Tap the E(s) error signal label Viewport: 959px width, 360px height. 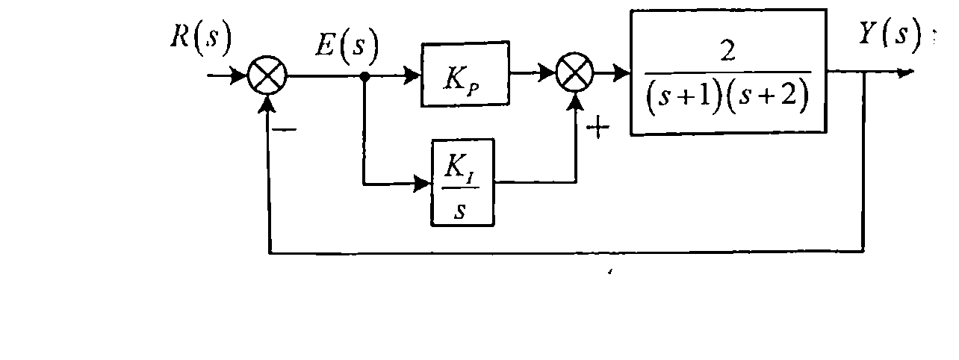pos(347,46)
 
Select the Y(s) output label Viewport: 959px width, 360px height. pos(890,34)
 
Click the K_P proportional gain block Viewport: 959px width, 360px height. pos(465,74)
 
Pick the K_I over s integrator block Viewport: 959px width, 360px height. pos(463,182)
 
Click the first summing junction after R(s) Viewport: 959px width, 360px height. pos(267,75)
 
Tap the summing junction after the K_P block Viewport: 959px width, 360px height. pos(575,72)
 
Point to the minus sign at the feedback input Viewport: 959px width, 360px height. pos(285,130)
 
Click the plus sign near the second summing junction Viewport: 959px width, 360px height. pos(598,128)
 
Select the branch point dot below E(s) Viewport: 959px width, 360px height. pos(364,77)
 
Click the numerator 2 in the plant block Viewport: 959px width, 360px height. pos(727,52)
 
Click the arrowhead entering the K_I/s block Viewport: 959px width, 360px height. pos(422,184)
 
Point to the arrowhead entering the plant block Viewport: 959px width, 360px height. pos(621,72)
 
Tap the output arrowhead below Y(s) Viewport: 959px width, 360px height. pos(905,72)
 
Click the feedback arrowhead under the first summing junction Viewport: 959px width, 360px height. pos(267,105)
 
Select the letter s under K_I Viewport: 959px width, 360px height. pos(460,211)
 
